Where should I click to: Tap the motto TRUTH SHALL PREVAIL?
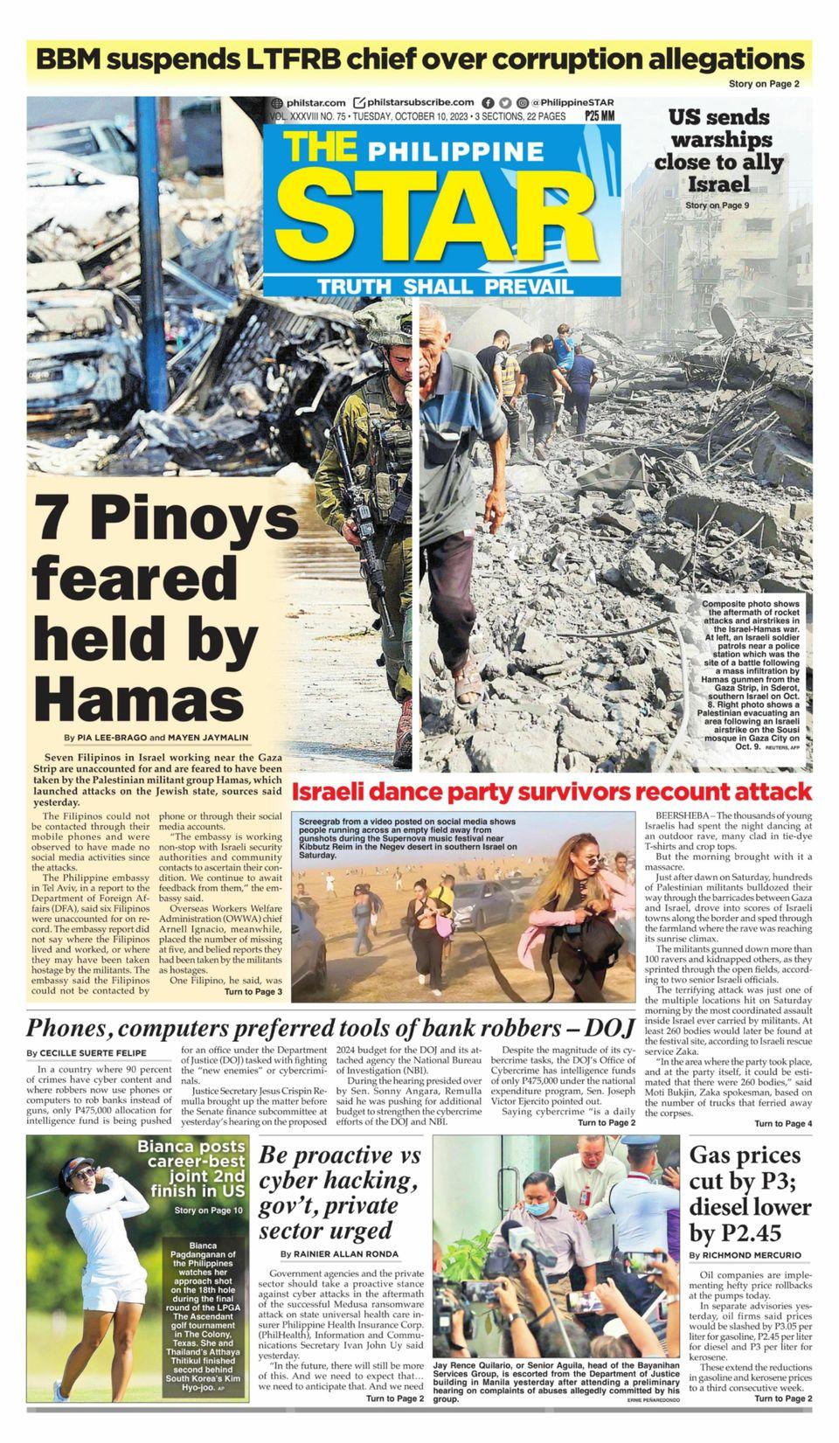click(x=445, y=287)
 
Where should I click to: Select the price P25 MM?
click(x=600, y=115)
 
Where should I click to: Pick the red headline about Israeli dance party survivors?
click(x=551, y=792)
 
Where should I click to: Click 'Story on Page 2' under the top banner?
click(x=764, y=84)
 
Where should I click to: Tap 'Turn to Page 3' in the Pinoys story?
click(x=253, y=992)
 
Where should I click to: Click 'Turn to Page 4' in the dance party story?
click(x=783, y=1123)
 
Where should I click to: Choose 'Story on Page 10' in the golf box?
click(x=208, y=1211)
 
